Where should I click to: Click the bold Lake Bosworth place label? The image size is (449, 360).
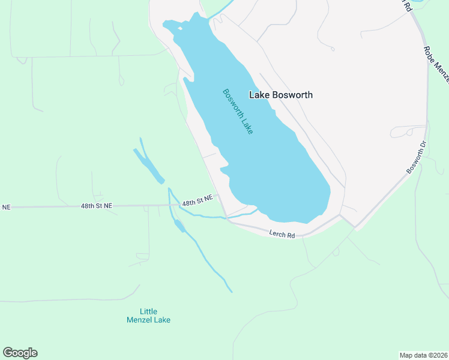click(x=281, y=95)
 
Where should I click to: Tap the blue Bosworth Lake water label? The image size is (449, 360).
click(x=238, y=112)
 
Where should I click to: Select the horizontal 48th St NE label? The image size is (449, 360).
click(x=97, y=206)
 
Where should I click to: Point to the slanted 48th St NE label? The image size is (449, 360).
click(x=197, y=200)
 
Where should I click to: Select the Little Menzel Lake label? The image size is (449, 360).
click(x=148, y=316)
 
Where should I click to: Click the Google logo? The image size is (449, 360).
click(x=20, y=353)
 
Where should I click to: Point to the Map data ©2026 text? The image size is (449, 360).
click(x=423, y=355)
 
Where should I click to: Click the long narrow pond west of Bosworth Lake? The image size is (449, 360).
click(x=149, y=165)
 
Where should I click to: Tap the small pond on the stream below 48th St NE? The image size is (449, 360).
click(x=178, y=225)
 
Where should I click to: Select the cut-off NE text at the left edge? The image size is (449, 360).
click(x=6, y=207)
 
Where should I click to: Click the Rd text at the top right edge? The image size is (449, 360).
click(x=407, y=5)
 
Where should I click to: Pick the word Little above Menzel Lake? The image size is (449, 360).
click(x=148, y=311)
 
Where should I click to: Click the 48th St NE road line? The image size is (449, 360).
click(x=48, y=207)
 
